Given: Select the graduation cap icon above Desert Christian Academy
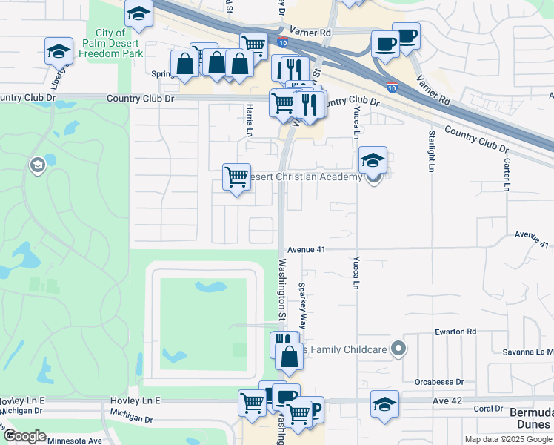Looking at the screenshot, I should coord(373,159).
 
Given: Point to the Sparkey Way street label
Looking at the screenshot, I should coord(302,306).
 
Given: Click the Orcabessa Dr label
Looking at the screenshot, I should coord(438,383).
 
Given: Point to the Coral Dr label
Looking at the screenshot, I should coord(489,409).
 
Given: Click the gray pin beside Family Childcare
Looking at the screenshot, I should coord(399,348).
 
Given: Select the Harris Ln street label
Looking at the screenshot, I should coord(248,119).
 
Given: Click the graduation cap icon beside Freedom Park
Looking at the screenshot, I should coord(59,51).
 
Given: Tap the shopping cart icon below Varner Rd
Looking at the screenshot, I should coord(253,45).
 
